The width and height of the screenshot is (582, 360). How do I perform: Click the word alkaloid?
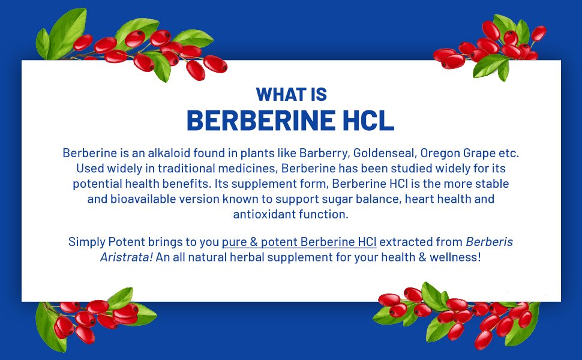169,153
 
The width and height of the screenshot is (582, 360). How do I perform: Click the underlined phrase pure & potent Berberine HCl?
299,242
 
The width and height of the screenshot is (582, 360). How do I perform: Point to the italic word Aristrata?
127,257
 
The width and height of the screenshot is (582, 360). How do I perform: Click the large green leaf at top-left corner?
68,32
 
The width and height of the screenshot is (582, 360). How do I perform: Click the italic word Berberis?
489,242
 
